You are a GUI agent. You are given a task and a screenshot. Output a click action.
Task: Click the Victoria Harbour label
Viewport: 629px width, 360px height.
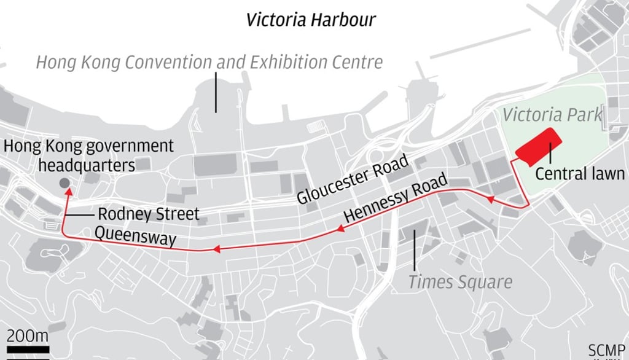[311, 20]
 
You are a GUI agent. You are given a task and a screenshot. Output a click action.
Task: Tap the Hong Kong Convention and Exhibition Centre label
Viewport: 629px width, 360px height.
[209, 62]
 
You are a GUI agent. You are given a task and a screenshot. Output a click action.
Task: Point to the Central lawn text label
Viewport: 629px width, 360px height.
[579, 174]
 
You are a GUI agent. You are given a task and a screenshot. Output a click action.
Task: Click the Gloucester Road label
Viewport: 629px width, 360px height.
[353, 179]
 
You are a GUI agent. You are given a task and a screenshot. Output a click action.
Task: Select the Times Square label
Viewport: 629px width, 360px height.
[460, 282]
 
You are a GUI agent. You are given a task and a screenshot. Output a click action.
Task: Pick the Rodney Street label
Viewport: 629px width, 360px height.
[149, 214]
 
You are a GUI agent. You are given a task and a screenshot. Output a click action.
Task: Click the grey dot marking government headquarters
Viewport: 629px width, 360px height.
[64, 184]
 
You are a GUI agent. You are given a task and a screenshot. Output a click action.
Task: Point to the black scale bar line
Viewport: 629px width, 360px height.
[28, 349]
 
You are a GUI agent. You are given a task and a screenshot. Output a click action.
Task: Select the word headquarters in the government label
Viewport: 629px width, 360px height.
[86, 165]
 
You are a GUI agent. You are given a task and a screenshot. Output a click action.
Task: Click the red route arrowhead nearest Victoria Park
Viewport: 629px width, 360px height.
[490, 199]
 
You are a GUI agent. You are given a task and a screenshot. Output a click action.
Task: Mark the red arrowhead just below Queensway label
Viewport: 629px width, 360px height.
[216, 249]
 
